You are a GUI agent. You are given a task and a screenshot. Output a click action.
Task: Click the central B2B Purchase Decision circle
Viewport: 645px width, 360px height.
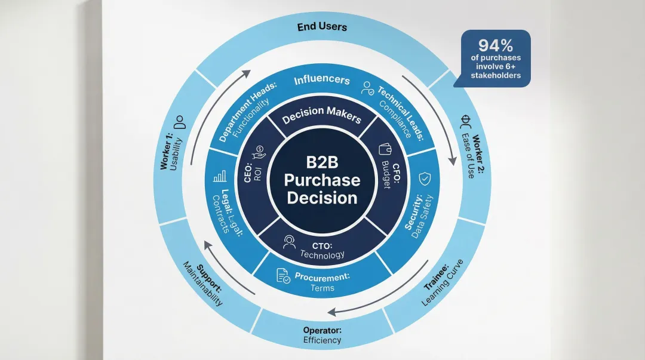click(322, 180)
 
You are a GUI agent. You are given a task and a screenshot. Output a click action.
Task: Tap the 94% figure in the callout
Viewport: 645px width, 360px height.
click(496, 46)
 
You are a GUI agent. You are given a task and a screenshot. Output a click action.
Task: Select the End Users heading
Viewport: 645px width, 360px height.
click(322, 27)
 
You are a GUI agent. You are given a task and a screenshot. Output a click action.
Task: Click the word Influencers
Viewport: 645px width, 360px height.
click(321, 79)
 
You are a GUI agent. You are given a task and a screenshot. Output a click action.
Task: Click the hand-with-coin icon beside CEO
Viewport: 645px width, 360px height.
click(259, 152)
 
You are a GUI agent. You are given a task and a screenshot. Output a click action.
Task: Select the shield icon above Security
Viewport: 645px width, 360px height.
click(424, 178)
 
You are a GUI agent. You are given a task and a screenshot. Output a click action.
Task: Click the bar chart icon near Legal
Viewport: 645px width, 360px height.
click(220, 176)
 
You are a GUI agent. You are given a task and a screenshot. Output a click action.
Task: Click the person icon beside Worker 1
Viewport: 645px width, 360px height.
click(179, 122)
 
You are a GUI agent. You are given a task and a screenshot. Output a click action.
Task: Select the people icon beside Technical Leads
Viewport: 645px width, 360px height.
click(367, 90)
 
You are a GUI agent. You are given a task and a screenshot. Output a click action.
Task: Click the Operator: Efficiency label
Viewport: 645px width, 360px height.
click(322, 334)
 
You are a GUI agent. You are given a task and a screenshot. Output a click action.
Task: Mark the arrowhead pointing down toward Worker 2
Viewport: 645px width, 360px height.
click(452, 160)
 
